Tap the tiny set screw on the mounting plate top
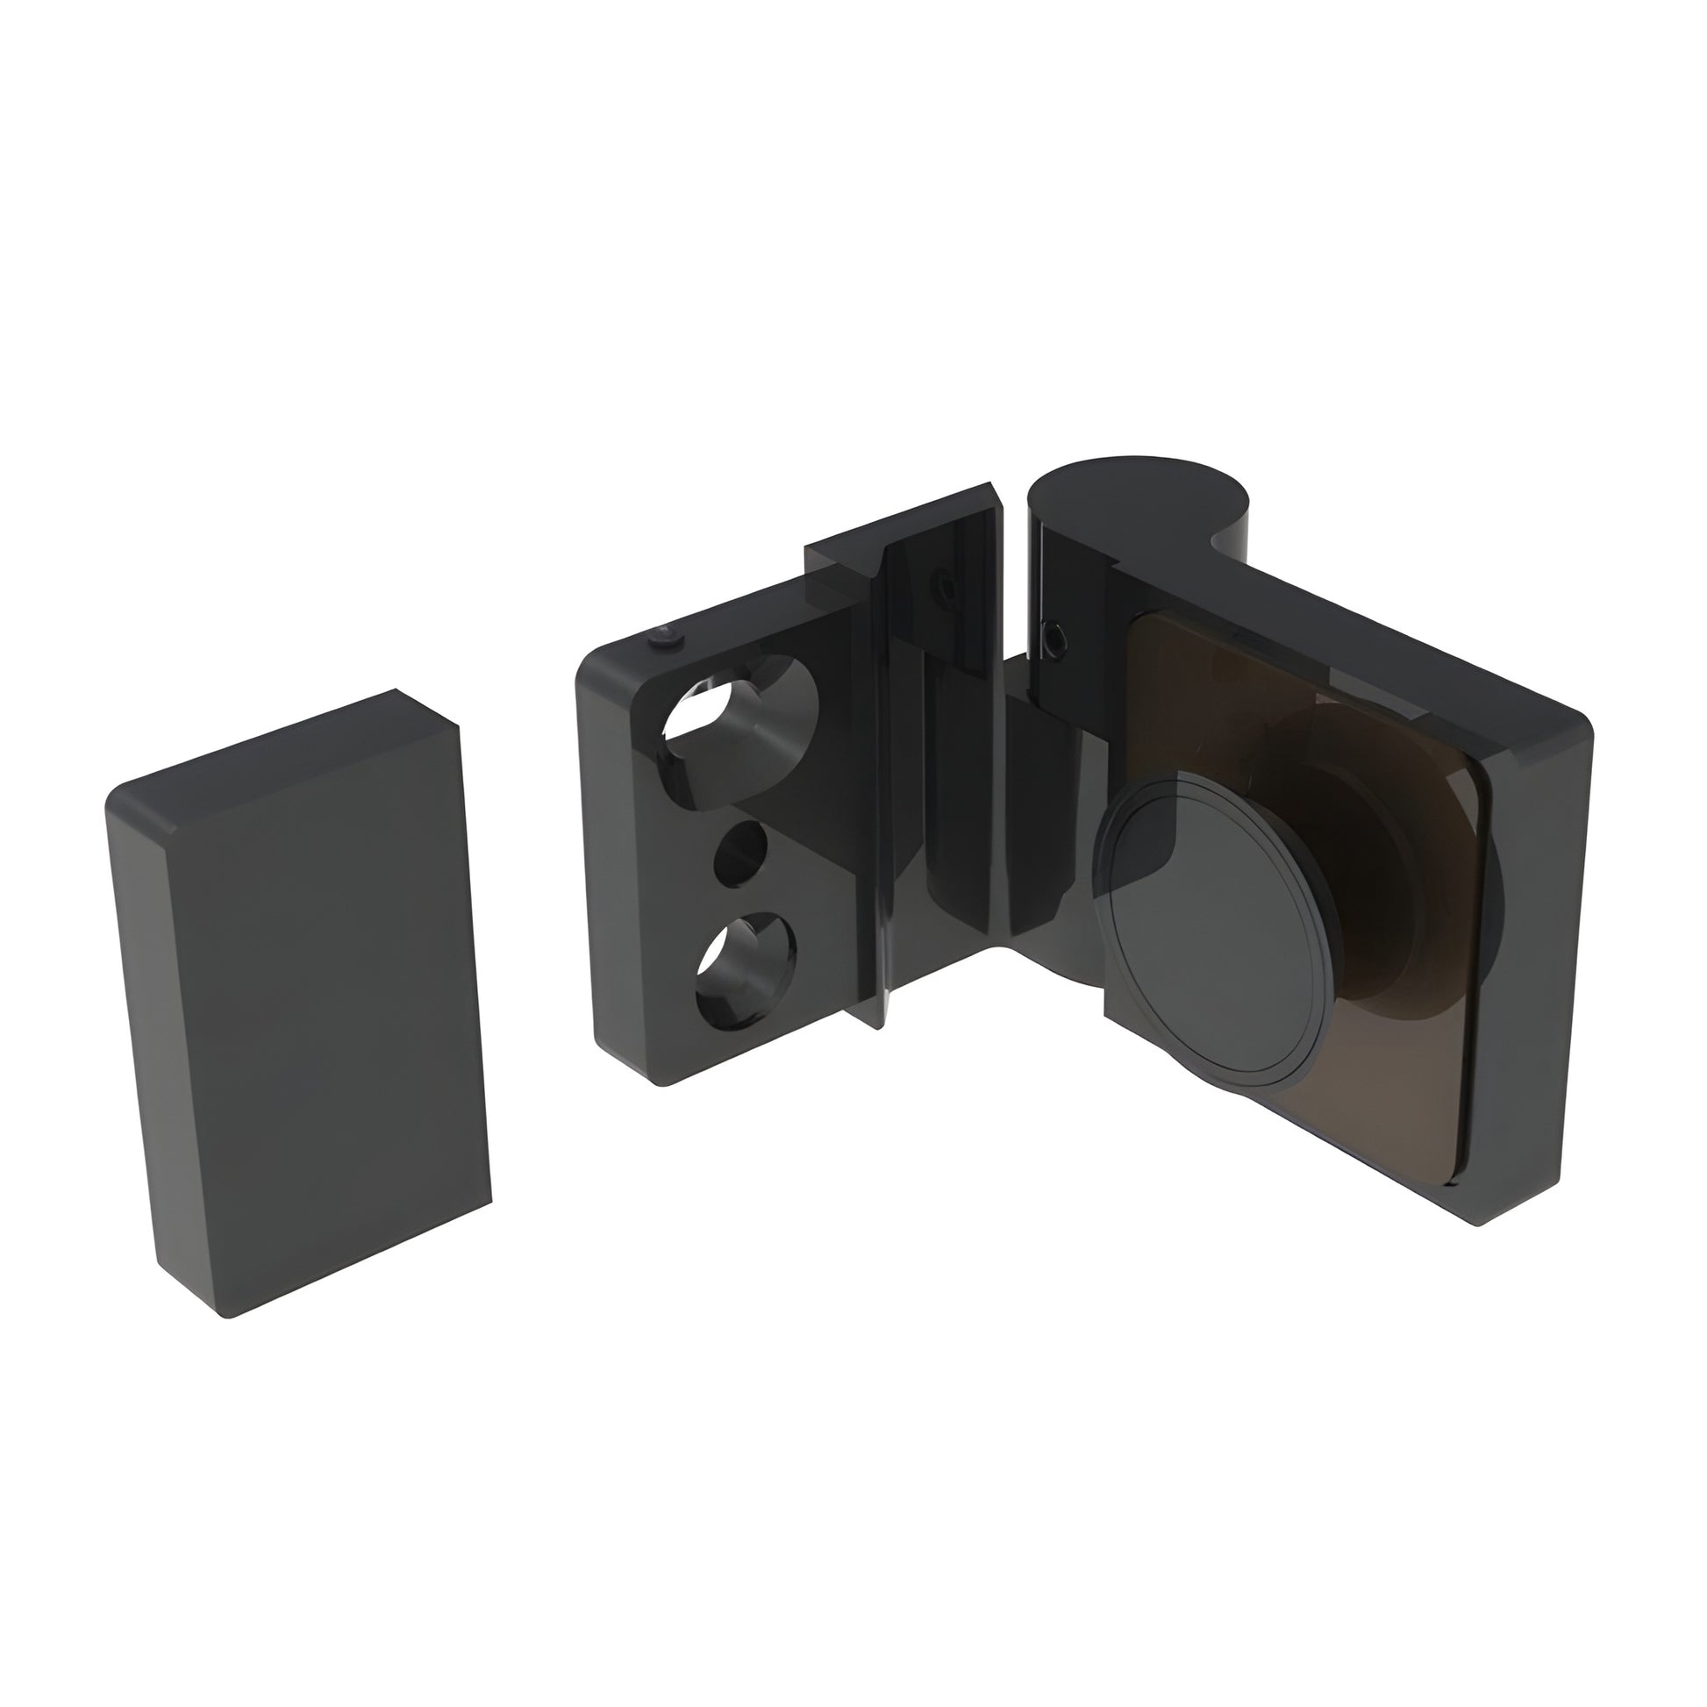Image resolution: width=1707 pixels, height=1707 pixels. tap(664, 638)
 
